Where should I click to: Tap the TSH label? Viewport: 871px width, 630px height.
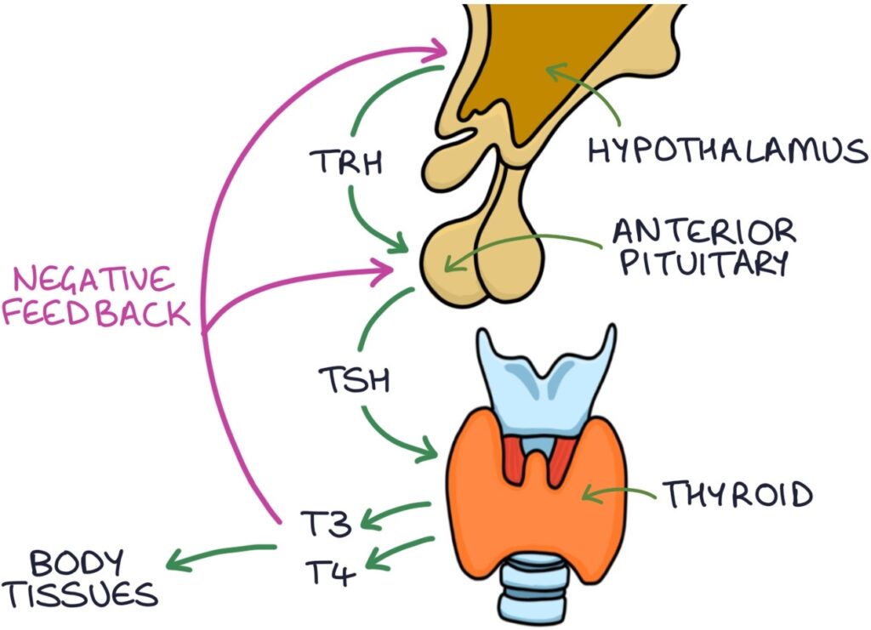pyautogui.click(x=354, y=379)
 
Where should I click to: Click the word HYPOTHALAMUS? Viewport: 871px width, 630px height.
pyautogui.click(x=728, y=151)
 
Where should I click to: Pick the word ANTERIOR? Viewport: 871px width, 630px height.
pyautogui.click(x=704, y=230)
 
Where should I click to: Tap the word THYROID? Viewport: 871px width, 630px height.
pyautogui.click(x=737, y=493)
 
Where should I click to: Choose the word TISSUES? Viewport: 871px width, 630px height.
pyautogui.click(x=80, y=594)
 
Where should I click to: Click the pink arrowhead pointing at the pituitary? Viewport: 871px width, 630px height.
pyautogui.click(x=388, y=270)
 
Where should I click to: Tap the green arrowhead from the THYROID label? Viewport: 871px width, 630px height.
pyautogui.click(x=591, y=492)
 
